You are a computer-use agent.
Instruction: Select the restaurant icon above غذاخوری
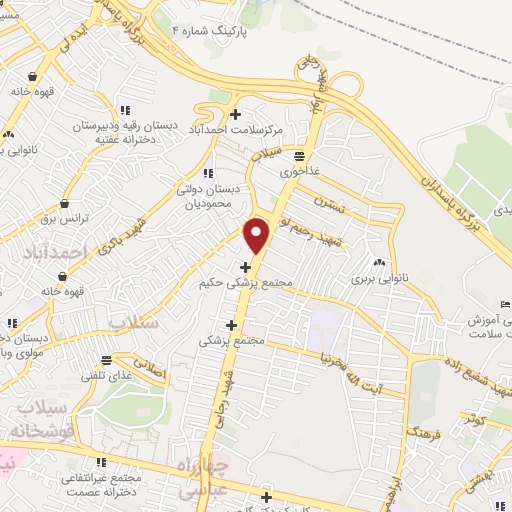pos(299,155)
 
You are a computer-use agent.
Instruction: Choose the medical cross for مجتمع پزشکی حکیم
pos(246,267)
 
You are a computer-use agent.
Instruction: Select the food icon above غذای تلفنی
pos(107,359)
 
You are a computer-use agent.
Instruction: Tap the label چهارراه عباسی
pos(209,478)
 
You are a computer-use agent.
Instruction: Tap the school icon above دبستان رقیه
pos(124,111)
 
